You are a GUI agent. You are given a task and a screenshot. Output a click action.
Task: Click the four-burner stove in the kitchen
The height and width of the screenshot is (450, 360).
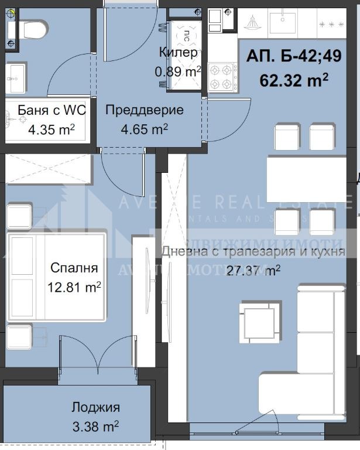tap(223, 76)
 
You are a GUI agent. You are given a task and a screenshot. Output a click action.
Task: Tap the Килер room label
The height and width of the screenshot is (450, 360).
tap(178, 53)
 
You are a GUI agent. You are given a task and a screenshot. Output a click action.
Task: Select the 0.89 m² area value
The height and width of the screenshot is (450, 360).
tap(178, 71)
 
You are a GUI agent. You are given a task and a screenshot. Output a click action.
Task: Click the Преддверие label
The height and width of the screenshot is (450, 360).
tap(144, 110)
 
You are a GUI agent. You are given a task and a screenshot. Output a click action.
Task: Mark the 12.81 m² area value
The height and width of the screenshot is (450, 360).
tap(74, 287)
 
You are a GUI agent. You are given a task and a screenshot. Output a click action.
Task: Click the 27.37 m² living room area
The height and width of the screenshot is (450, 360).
tap(253, 270)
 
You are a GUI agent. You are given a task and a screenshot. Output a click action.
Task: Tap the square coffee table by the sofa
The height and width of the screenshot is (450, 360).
tap(258, 321)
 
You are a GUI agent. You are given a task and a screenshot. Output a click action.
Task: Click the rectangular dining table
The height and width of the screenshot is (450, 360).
tap(304, 178)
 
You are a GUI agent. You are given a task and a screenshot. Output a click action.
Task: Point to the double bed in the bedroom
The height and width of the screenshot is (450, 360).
tap(56, 277)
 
